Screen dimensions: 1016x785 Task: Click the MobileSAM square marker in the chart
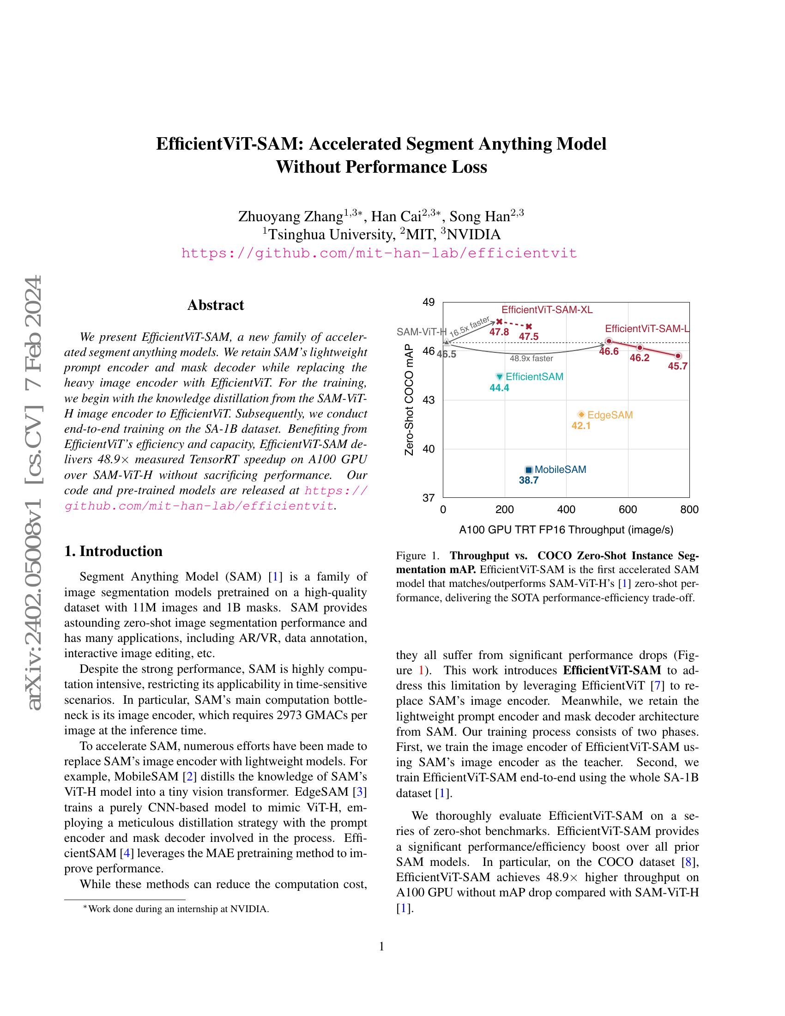(x=528, y=470)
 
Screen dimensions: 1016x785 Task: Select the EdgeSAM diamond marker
(x=581, y=415)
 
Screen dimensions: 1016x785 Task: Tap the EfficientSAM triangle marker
(x=500, y=376)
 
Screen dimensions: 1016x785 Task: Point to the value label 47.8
(x=499, y=332)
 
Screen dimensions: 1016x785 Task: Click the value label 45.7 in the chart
(x=677, y=366)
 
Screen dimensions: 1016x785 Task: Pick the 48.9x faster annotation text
(x=531, y=358)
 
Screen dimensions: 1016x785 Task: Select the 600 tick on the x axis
(x=628, y=510)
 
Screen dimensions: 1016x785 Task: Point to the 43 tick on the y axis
(x=429, y=400)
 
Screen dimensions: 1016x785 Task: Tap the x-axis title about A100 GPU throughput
(x=566, y=529)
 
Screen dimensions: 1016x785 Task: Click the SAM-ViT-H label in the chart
(x=421, y=332)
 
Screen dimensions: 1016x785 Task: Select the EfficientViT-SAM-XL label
(x=547, y=310)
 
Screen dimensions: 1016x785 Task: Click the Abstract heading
(x=215, y=305)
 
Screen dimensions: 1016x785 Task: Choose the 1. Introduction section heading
(x=114, y=551)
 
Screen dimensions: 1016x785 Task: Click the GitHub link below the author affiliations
(x=379, y=254)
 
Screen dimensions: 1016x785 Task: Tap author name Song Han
(x=486, y=216)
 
